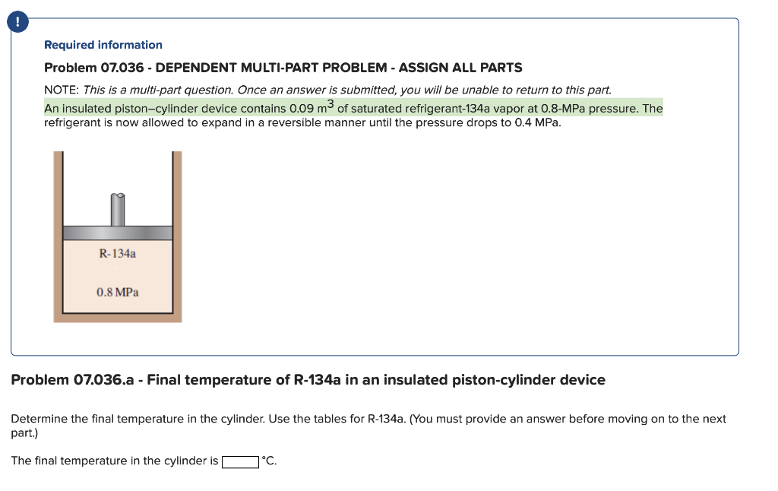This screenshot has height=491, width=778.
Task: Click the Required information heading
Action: pos(103,45)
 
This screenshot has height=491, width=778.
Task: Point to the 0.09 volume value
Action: pos(303,109)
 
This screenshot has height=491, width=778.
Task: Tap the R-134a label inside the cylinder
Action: pos(118,253)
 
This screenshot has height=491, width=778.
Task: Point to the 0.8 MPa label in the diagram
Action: pos(118,292)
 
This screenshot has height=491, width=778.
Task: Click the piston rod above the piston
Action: pos(118,210)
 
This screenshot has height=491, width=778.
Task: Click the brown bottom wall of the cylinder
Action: pos(118,318)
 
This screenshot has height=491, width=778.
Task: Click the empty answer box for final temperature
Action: pos(239,461)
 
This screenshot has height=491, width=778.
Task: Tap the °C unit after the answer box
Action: pos(268,461)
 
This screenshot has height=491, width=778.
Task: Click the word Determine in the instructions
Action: pos(39,419)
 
